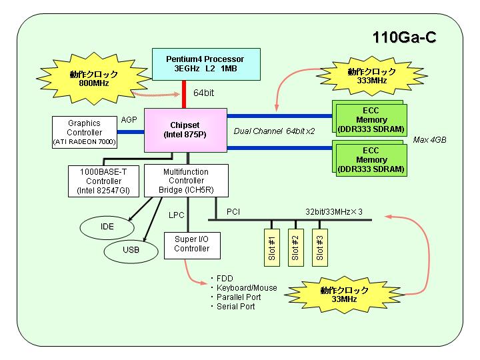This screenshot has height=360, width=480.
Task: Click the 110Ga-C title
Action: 404,37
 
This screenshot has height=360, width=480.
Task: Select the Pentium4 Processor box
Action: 206,64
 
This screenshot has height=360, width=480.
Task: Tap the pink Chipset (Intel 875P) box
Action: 185,130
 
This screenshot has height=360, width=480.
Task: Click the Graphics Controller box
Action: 85,132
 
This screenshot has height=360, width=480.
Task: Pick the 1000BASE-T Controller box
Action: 103,181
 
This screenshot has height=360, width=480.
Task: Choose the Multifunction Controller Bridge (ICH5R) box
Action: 186,181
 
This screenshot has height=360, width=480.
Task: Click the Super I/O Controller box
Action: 192,245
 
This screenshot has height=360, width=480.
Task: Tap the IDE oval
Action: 107,227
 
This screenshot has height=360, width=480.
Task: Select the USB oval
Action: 131,251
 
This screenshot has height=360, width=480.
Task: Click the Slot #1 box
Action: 272,247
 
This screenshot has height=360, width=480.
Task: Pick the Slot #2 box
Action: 296,247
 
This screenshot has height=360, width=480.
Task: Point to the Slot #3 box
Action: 320,247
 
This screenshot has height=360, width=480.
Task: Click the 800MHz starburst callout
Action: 93,79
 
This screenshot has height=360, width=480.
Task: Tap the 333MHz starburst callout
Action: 371,76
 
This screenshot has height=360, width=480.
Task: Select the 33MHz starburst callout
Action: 344,295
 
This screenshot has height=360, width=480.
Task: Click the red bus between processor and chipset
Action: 184,94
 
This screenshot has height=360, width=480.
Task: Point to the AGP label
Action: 129,120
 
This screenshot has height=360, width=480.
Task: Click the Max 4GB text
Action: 429,140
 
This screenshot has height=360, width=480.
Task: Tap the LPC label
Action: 176,215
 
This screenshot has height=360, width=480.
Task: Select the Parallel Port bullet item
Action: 236,297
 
